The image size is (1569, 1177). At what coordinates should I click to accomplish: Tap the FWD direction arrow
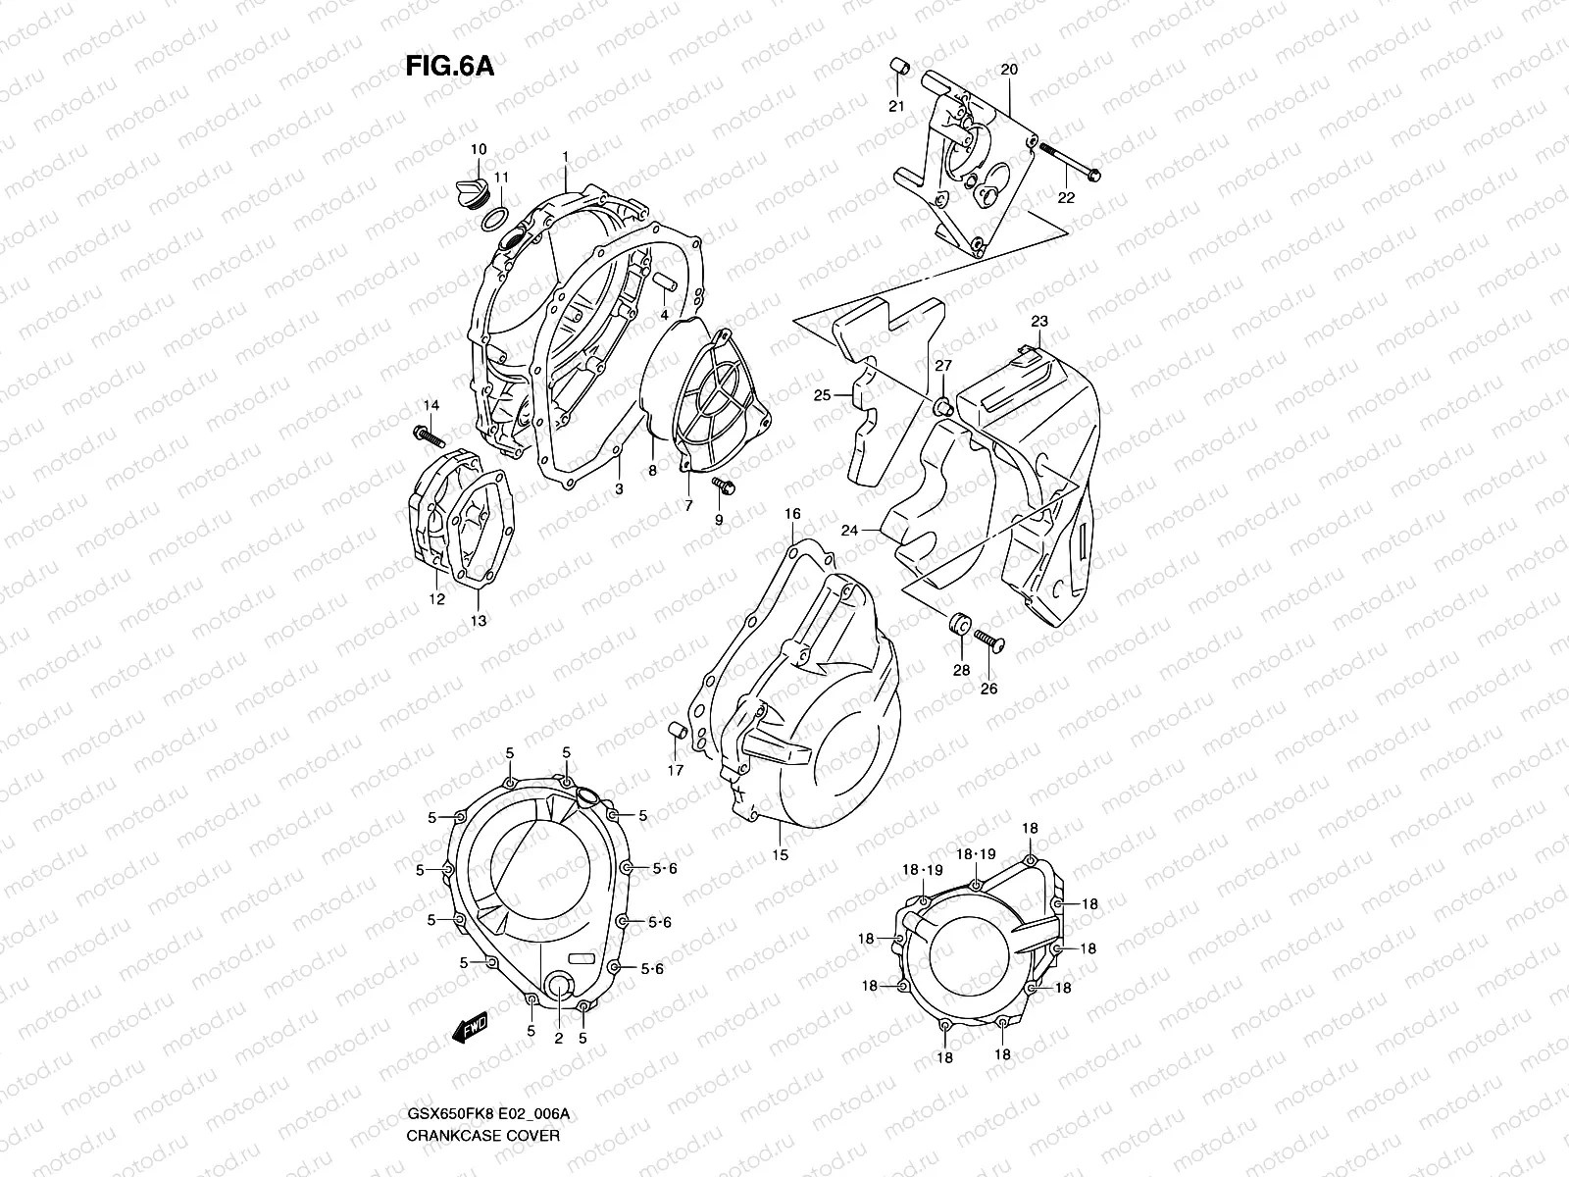pos(471,1027)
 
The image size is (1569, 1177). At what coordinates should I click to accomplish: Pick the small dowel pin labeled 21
pos(895,67)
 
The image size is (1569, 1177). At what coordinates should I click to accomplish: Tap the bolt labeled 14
pos(430,434)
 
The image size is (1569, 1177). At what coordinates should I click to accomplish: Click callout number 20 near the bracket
pos(1009,70)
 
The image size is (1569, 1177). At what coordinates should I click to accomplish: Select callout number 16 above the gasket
pos(792,514)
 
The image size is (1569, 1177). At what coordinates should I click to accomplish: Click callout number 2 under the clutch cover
pos(558,1038)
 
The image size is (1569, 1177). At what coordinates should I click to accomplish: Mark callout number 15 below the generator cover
pos(780,855)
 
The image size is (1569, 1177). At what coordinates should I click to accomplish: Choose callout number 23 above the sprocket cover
pos(1039,322)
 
